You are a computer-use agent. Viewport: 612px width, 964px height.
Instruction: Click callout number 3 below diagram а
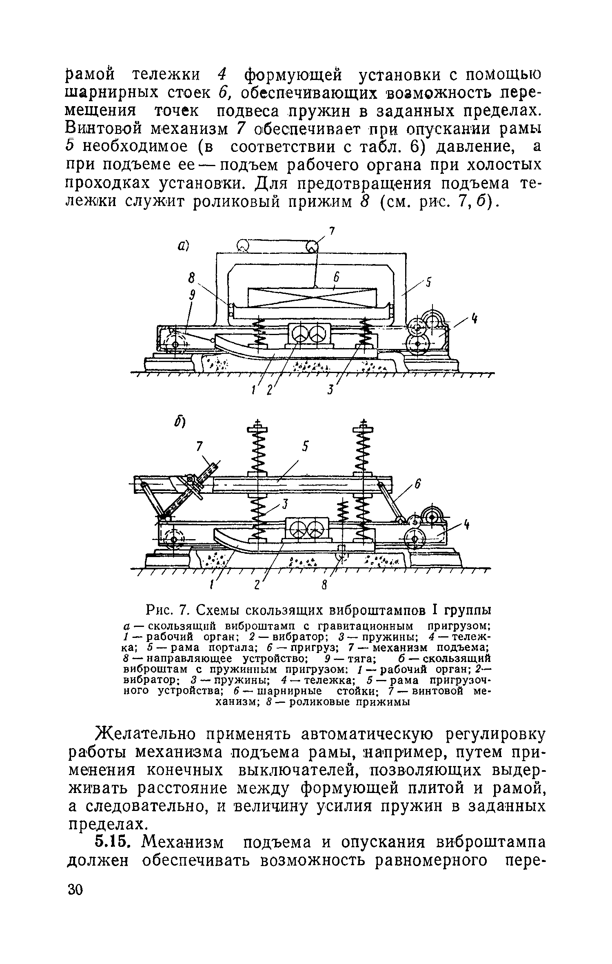[330, 391]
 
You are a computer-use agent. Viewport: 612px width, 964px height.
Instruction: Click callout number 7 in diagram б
[199, 448]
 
